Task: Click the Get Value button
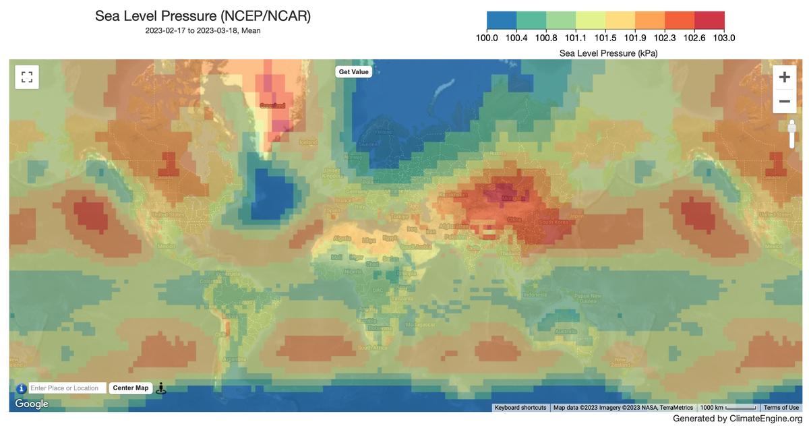353,71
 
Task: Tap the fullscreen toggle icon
27,77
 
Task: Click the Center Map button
130,388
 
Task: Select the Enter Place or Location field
67,388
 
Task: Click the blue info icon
22,388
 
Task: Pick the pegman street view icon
160,388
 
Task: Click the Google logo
32,404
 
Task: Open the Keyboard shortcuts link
520,408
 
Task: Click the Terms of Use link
781,408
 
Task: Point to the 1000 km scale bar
728,408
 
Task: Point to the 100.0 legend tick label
487,38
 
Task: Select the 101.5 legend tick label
605,38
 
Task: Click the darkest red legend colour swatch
709,20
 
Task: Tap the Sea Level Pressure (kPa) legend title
608,53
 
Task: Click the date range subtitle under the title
203,30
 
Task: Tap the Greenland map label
272,106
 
